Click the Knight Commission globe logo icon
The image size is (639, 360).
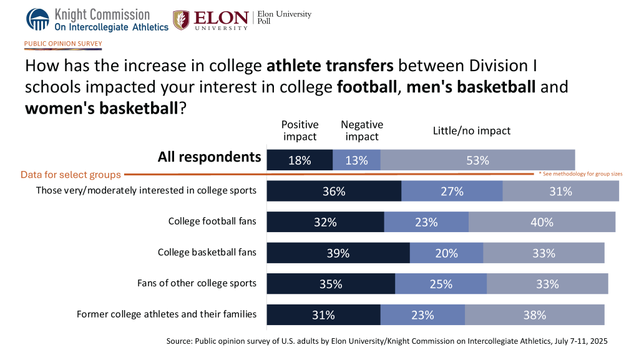[37, 19]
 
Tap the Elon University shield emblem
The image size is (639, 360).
[181, 20]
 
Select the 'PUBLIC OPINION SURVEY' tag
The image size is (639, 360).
[63, 44]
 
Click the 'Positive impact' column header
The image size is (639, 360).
[300, 130]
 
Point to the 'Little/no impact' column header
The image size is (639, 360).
[472, 131]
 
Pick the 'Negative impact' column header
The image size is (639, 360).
[362, 130]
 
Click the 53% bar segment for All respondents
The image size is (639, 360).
[477, 160]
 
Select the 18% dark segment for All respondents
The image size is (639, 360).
[300, 160]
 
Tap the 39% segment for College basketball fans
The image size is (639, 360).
[338, 253]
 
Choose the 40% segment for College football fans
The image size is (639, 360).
[542, 222]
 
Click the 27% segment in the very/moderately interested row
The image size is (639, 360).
[452, 192]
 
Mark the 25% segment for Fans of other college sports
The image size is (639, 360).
[441, 284]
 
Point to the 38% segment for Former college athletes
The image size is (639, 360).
[535, 315]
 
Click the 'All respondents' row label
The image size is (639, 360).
[209, 157]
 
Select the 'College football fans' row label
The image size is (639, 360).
[212, 221]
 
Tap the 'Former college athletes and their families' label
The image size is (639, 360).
[167, 314]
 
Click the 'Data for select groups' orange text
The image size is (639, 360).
[71, 175]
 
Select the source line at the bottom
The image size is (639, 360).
[386, 341]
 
